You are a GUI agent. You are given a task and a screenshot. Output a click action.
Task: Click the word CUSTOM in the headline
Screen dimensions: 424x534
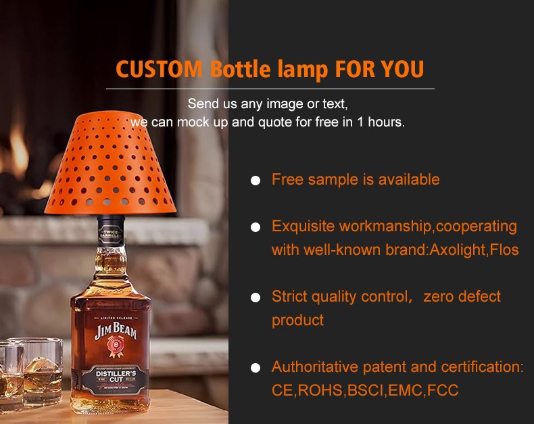(x=159, y=69)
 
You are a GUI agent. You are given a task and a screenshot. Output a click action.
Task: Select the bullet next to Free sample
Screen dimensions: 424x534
(x=256, y=181)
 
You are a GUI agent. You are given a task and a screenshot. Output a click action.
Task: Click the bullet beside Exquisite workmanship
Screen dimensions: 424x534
(x=256, y=227)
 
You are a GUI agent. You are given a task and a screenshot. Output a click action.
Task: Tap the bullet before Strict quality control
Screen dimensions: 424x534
(x=256, y=298)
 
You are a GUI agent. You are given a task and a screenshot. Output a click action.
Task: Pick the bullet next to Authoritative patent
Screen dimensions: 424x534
(x=256, y=368)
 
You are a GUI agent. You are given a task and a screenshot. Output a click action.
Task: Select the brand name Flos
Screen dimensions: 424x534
(x=504, y=250)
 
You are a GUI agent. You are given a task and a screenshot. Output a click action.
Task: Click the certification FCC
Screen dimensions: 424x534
(x=442, y=390)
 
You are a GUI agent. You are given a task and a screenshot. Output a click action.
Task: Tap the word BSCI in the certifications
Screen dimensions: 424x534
(x=366, y=390)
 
